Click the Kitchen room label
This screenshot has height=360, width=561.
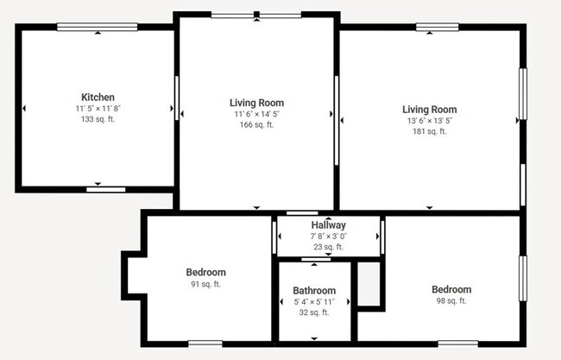98,98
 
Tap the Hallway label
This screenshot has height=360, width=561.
329,225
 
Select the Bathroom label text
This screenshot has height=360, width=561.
314,290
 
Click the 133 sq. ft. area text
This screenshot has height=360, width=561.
98,119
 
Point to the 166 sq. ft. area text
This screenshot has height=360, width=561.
256,124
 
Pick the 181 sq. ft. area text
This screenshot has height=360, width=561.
429,131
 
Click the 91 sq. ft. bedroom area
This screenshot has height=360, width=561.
205,284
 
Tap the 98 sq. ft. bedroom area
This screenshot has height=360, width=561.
451,301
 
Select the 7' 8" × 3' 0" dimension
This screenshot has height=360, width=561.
329,237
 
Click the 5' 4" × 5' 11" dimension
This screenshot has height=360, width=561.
314,301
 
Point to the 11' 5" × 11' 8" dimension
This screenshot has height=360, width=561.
98,109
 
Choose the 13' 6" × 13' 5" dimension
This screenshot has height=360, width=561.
429,121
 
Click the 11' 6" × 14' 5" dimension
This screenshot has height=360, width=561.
256,114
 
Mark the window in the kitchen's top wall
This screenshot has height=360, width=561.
98,27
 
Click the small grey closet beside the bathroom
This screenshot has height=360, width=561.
369,284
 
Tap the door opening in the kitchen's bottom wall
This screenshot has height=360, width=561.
106,190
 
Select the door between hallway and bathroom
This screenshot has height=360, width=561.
316,259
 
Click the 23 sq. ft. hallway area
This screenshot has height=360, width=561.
329,247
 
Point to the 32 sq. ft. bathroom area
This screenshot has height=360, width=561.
314,313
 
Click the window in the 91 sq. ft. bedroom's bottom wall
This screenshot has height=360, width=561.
205,344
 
